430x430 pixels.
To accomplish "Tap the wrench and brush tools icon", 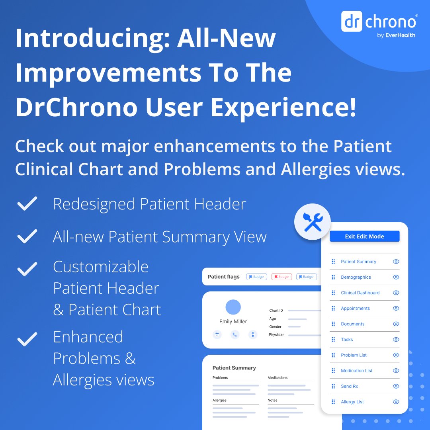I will pos(313,222).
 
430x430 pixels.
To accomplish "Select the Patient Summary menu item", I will pos(358,262).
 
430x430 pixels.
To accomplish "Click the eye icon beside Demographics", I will pos(396,277).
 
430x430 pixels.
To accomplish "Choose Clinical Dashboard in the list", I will pos(360,293).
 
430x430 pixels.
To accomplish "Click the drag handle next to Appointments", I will pos(333,308).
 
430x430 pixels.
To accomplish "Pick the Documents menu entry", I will pos(352,324).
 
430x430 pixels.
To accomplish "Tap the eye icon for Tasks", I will pos(396,339).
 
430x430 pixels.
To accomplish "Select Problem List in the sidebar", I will pos(354,355).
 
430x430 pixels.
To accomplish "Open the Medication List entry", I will pos(356,371).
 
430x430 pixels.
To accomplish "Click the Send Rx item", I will pos(349,386).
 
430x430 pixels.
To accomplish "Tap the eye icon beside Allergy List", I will pos(396,402).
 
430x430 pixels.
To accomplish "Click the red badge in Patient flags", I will pos(281,277).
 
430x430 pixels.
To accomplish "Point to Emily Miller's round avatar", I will pos(233,307).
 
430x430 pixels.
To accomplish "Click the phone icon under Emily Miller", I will pos(235,334).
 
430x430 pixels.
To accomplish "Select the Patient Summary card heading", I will pos(234,368).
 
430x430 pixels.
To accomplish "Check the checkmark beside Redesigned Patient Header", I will pos(27,204).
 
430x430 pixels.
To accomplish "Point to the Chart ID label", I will pos(276,311).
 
